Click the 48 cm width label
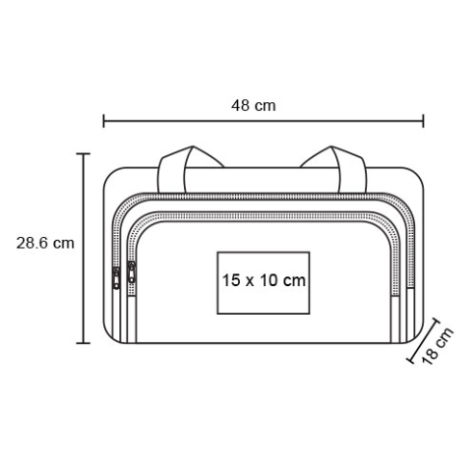click(x=253, y=106)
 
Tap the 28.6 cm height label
click(x=45, y=243)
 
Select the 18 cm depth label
click(x=437, y=346)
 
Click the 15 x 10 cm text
click(x=264, y=280)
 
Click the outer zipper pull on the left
click(x=117, y=278)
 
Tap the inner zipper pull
click(x=131, y=273)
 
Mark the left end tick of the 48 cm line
click(x=103, y=121)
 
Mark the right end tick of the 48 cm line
click(x=423, y=121)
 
